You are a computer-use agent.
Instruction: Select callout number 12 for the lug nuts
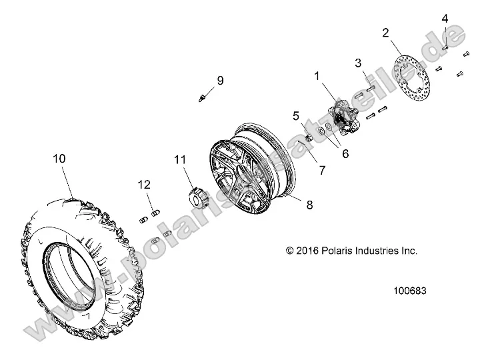(145, 185)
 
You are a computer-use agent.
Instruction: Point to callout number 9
(219, 81)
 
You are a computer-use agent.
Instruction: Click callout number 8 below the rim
(309, 205)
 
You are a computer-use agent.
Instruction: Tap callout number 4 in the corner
(445, 19)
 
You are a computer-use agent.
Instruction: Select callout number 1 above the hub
(318, 77)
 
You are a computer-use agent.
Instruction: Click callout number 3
(358, 63)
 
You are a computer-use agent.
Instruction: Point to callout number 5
(296, 115)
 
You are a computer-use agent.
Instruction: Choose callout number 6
(345, 153)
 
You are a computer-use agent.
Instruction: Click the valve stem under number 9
(201, 98)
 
